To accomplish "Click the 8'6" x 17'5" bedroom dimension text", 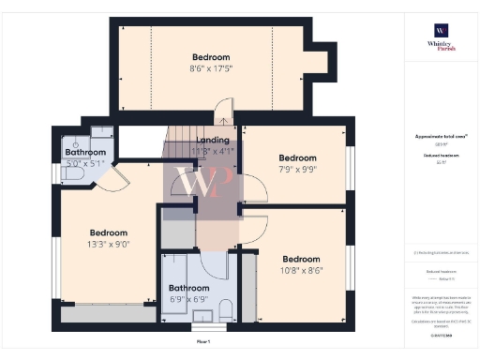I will coord(210,67).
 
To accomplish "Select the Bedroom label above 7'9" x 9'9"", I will coord(297,157).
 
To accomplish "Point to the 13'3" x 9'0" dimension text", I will coord(109,244).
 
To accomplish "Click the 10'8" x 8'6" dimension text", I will coord(300,270).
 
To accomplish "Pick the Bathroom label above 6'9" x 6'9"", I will coord(188,289).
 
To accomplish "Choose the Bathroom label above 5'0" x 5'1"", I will coord(84,152).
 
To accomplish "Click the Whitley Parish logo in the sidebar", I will coord(440,37).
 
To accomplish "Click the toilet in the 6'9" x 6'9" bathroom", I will coord(225,310).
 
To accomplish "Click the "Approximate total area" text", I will coord(441,136).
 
